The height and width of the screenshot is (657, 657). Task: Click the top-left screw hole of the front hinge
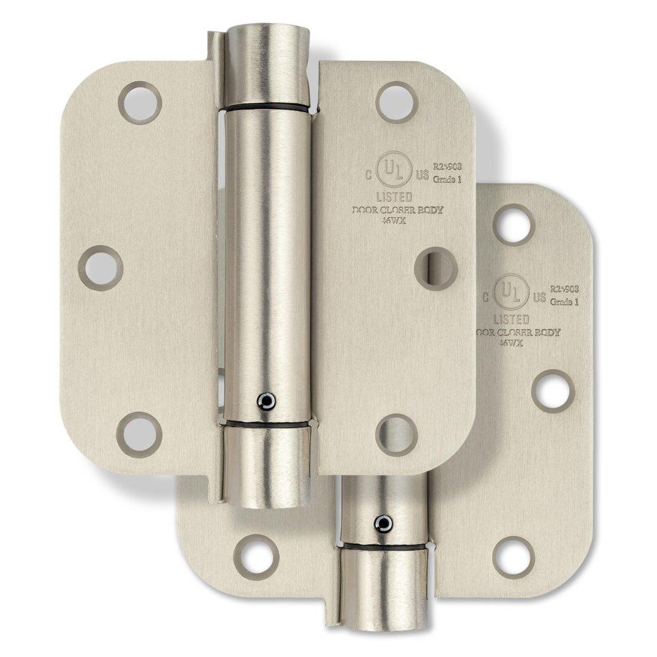tap(139, 102)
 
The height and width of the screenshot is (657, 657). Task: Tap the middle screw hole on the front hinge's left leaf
tap(101, 268)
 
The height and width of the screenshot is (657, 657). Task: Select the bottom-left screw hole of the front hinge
tap(139, 434)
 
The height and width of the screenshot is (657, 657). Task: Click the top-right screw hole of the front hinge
tap(397, 102)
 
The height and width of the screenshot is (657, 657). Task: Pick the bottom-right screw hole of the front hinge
tap(397, 434)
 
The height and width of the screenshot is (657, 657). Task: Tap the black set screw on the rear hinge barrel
tap(383, 523)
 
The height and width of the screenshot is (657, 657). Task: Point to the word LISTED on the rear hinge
tap(510, 319)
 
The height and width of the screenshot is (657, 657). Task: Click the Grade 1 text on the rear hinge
tap(562, 303)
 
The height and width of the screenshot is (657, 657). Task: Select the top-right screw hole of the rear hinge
tap(513, 224)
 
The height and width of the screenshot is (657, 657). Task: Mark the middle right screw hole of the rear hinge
tap(553, 390)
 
